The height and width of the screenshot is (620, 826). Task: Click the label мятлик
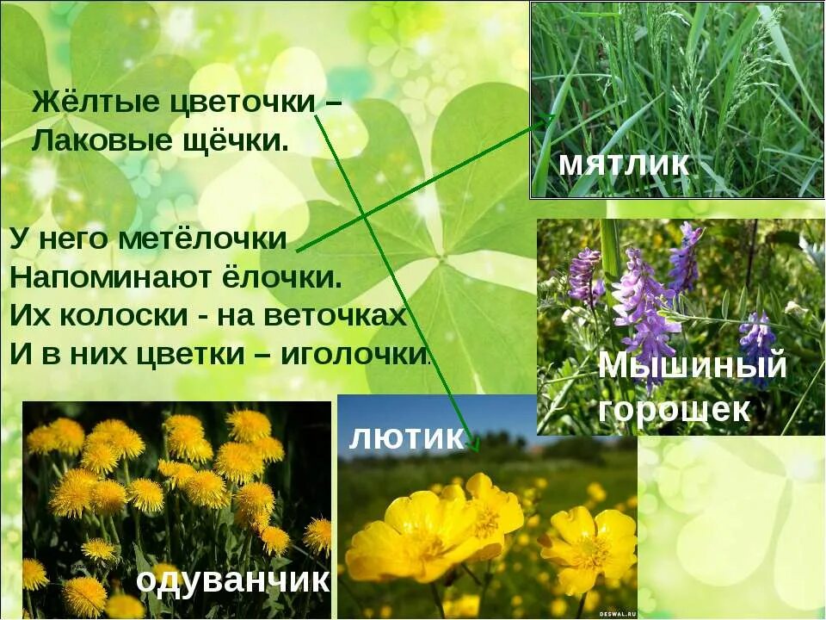point(623,164)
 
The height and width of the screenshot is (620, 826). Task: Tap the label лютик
point(406,437)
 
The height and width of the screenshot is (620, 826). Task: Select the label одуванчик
point(232,580)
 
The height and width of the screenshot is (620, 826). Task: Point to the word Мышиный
point(693,365)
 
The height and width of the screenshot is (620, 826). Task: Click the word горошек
point(674,410)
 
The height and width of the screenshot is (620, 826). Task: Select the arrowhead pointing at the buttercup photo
point(472,445)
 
